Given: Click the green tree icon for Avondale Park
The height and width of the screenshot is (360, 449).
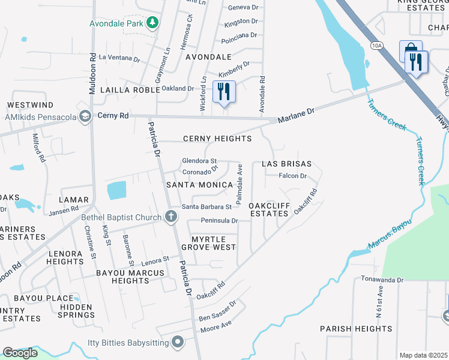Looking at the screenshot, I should coord(153,23).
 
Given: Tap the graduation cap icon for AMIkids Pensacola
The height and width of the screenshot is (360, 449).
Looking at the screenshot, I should coord(85,116).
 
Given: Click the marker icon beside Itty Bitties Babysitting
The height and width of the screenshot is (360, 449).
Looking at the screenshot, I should coord(177,343).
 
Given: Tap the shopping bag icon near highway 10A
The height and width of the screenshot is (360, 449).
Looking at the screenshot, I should coord(411,50).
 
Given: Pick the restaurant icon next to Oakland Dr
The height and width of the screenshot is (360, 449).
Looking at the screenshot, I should coord(224,92).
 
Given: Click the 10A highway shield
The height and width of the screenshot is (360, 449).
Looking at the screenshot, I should coord(376,45).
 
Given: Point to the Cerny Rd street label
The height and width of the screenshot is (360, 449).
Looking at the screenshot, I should coord(113,115).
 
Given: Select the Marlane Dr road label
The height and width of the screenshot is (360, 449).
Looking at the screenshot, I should coord(296,112).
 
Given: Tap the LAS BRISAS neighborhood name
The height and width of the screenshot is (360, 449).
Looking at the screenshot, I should coord(286,164).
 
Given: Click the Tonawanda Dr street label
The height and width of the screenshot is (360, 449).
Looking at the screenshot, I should coord(382,280).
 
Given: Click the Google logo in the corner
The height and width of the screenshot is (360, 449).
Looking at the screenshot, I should coord(20,353).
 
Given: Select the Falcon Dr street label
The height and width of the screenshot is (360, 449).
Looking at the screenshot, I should coord(292,176).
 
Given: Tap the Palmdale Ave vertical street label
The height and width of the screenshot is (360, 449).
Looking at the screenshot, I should coord(240,182).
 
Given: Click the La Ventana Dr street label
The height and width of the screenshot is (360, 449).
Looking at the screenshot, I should coord(119,59).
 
